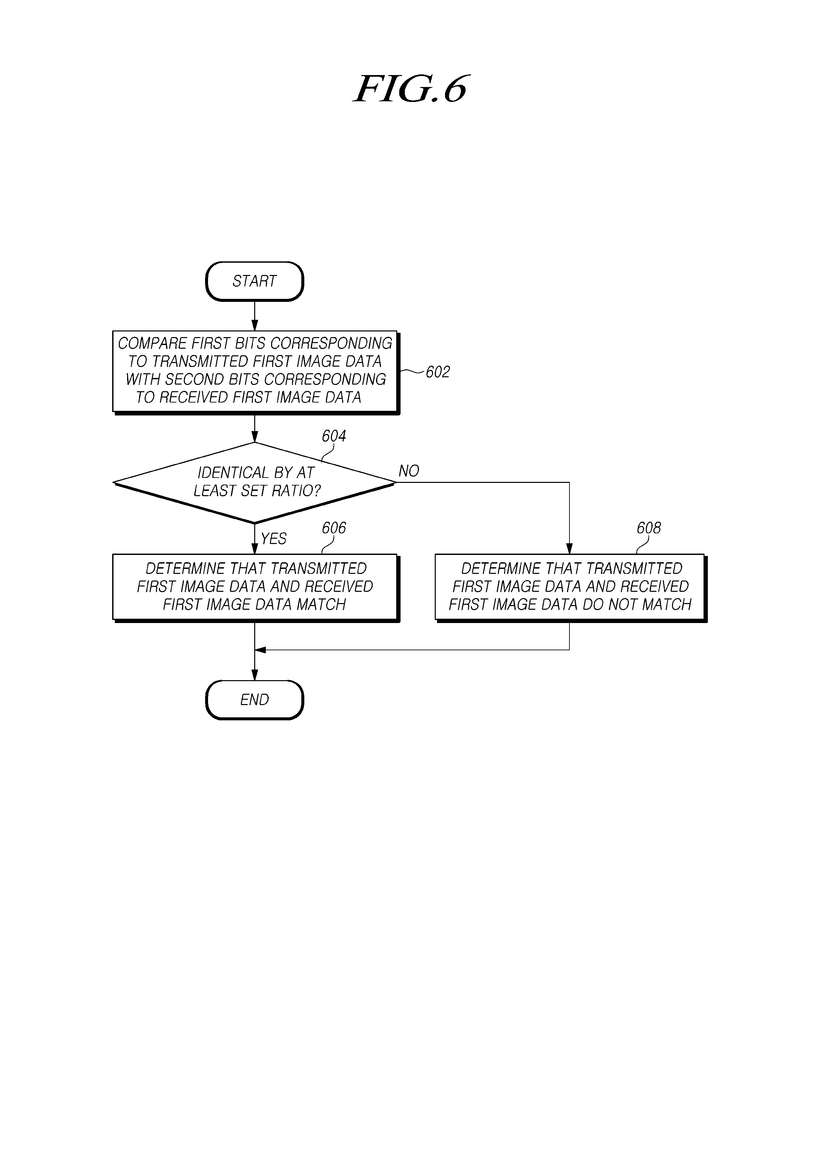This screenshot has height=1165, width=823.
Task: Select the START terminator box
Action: (255, 281)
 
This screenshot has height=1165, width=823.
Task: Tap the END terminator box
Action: (255, 700)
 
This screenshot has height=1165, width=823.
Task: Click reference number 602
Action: (438, 372)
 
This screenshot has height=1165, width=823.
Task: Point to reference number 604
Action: (334, 436)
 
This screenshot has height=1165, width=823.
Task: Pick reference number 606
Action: (334, 528)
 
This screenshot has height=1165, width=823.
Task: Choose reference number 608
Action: (648, 528)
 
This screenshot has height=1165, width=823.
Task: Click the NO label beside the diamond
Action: (409, 471)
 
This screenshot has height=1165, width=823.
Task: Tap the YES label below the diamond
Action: (274, 538)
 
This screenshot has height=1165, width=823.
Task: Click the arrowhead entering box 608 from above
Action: (569, 549)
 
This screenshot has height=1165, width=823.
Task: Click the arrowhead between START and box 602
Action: (255, 325)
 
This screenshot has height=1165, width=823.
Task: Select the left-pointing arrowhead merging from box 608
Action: (260, 650)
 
